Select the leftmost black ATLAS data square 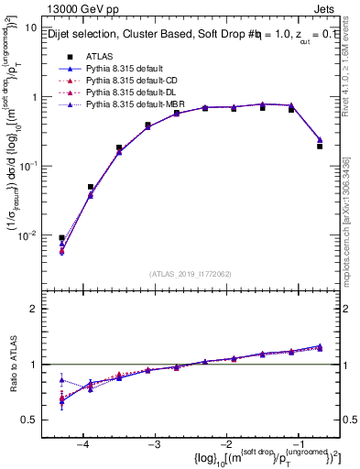(x=61, y=238)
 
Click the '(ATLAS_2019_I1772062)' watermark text (x=191, y=274)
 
